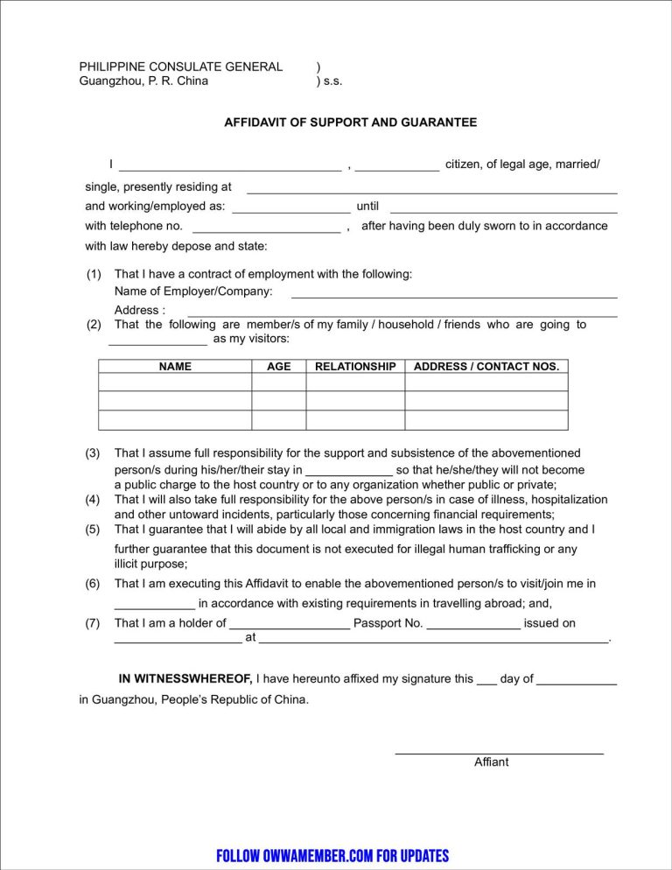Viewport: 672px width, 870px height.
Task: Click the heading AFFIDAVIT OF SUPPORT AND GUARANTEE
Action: click(x=350, y=123)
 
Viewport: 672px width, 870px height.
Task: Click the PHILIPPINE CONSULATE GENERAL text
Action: click(x=181, y=67)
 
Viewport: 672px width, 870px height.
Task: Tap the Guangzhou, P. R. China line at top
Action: click(x=143, y=81)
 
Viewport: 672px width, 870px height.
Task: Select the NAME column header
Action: click(x=175, y=367)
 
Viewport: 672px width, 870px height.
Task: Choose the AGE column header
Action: click(x=278, y=367)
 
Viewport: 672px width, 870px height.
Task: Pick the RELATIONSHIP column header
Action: click(x=355, y=367)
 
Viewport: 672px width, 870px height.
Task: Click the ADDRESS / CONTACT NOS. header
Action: click(x=486, y=367)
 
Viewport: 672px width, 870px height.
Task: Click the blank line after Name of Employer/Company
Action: click(x=453, y=297)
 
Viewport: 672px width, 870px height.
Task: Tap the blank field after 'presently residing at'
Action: click(x=432, y=191)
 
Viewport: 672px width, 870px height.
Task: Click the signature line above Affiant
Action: click(x=499, y=752)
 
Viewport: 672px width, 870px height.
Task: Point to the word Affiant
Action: click(x=491, y=762)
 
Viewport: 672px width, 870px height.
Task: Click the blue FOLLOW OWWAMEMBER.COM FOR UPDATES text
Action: click(x=332, y=855)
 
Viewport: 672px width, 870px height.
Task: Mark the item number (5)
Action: click(x=93, y=530)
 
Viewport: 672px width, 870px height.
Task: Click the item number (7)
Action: click(x=93, y=623)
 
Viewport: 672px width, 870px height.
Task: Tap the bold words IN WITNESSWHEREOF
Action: click(x=185, y=678)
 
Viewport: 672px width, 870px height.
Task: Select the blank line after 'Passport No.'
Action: click(x=472, y=628)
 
